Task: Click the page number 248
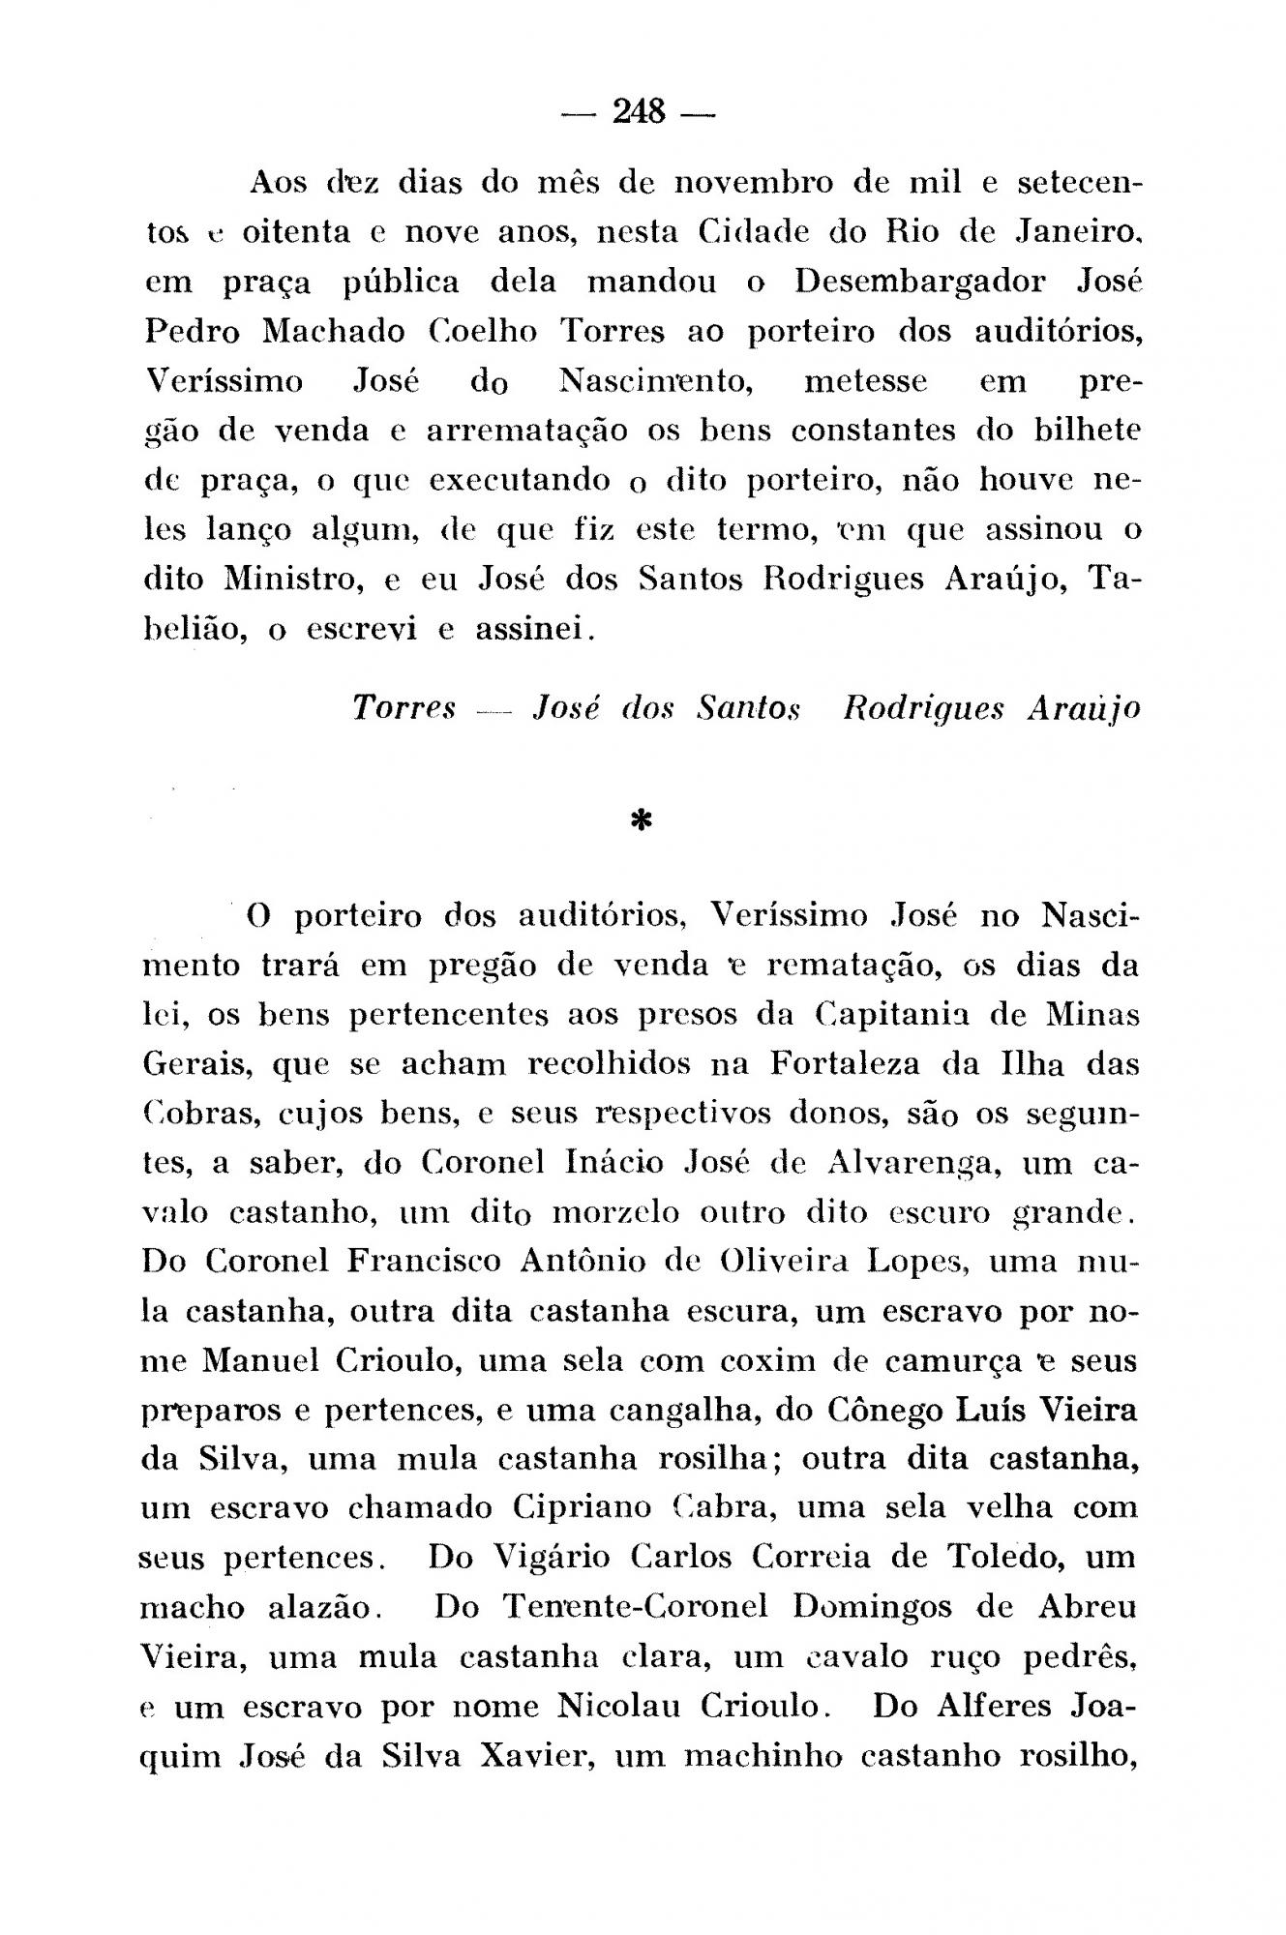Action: coord(640,113)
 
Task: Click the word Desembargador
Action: coord(919,282)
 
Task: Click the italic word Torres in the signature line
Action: coord(404,708)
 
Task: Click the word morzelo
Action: coord(614,1212)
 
